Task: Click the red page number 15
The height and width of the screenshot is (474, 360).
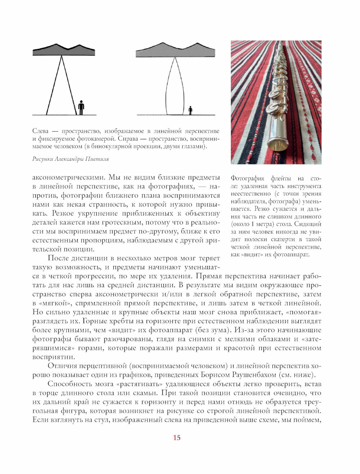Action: pos(177,438)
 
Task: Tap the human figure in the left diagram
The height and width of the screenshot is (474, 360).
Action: pos(81,108)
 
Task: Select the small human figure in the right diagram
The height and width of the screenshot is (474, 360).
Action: pos(190,110)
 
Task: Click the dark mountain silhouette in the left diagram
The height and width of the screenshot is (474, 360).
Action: pos(64,51)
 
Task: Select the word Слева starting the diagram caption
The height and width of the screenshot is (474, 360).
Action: pos(40,131)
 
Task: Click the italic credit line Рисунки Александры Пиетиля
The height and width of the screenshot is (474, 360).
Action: pos(71,159)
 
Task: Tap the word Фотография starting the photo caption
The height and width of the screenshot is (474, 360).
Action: pos(248,179)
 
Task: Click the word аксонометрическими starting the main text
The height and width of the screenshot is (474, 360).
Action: pos(68,177)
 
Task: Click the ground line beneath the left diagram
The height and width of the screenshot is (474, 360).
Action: pos(64,115)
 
